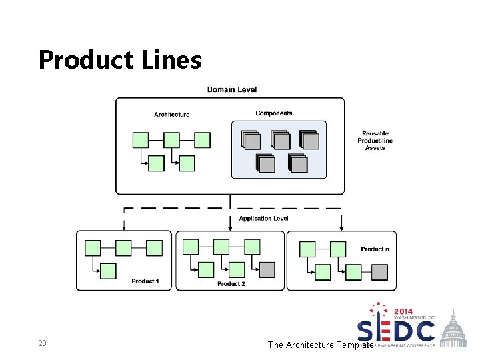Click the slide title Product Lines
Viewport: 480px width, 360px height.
coord(120,60)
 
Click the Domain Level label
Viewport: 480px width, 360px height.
coord(231,89)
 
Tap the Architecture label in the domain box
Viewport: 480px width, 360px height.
coord(171,115)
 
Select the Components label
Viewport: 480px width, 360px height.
coord(273,113)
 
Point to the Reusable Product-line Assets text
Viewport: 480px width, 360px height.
coord(375,141)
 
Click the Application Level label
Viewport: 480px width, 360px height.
coord(263,218)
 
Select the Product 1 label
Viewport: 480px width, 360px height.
coord(145,281)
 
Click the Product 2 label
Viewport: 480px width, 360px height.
coord(231,284)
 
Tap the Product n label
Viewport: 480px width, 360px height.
coord(375,249)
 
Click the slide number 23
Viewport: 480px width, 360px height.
coord(42,343)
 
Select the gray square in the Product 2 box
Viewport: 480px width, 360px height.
coord(267,269)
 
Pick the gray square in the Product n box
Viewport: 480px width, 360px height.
coord(379,272)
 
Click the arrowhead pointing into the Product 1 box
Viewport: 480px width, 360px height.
coord(123,228)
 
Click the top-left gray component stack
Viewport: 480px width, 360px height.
coord(251,140)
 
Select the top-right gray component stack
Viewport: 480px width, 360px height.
coord(309,140)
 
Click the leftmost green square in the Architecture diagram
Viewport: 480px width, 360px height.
coord(141,140)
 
